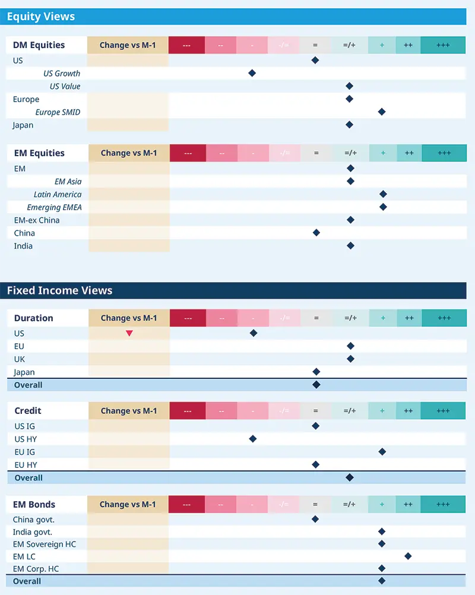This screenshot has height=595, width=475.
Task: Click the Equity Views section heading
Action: point(41,17)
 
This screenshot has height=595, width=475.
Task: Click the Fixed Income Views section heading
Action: point(59,290)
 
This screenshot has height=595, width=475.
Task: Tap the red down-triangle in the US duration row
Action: point(129,334)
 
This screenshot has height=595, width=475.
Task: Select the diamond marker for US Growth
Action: point(252,73)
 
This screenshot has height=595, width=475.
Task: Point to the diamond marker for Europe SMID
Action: point(382,112)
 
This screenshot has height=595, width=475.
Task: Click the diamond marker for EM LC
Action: point(408,556)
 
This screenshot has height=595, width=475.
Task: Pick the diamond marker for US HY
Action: point(253,439)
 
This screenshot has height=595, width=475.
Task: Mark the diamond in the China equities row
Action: point(316,233)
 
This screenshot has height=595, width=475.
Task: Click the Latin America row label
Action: point(58,195)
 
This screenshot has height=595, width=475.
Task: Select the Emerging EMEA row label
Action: point(54,207)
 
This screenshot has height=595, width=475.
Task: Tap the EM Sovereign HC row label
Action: point(45,544)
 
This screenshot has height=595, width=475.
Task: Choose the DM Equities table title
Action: point(39,45)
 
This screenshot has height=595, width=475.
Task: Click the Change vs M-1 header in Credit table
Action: point(129,411)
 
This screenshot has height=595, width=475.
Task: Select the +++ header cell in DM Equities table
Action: point(443,45)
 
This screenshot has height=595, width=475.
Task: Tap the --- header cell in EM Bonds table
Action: point(187,505)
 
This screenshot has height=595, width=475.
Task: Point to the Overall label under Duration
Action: point(28,385)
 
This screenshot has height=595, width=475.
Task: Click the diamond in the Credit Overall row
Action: point(350,477)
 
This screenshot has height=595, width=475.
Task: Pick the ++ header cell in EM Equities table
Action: point(409,153)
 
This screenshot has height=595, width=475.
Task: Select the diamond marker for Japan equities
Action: point(349,125)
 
